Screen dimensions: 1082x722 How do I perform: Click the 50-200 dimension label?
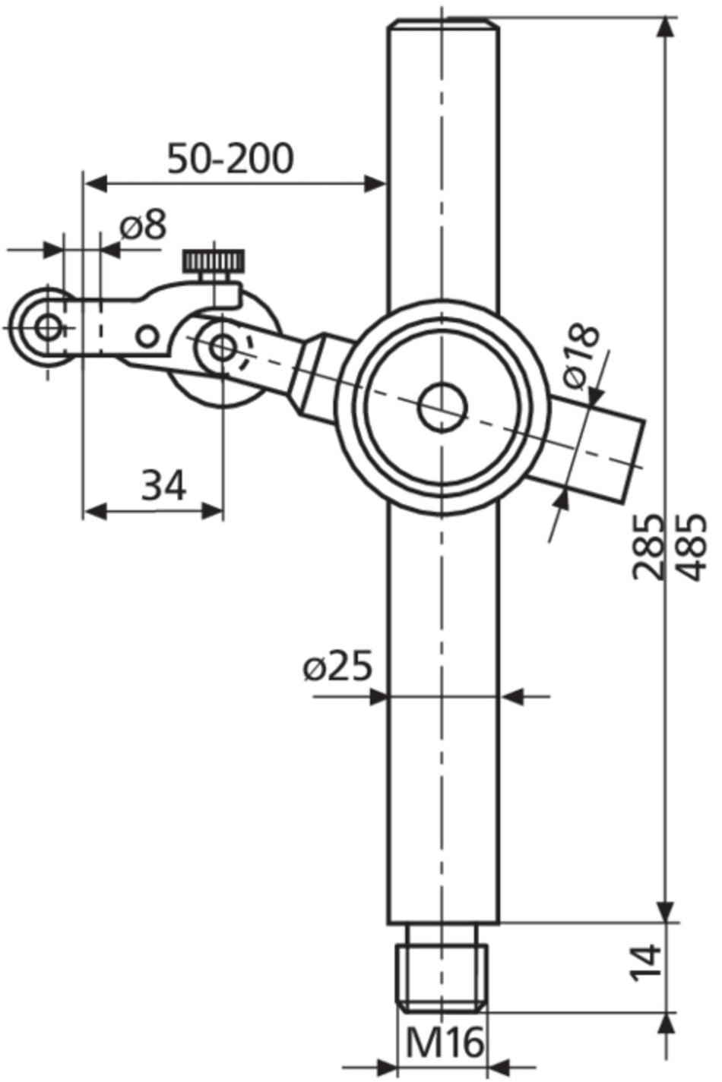(x=230, y=159)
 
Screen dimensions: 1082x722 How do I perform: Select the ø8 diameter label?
(x=142, y=226)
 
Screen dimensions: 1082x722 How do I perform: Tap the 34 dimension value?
(x=163, y=486)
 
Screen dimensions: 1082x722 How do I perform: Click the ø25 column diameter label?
(x=338, y=667)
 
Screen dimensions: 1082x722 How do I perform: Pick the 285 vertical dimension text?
(x=648, y=547)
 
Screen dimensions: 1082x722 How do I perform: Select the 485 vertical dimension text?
(x=691, y=547)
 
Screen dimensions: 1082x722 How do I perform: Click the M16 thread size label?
(x=444, y=1043)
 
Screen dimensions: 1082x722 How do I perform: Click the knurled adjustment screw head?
(x=214, y=262)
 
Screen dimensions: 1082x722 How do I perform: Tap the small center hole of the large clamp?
(x=442, y=407)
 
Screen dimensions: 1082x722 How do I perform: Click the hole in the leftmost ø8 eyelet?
(x=49, y=328)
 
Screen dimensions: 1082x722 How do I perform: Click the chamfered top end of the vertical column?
(x=444, y=25)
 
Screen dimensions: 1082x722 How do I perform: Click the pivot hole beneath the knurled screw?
(x=222, y=347)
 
